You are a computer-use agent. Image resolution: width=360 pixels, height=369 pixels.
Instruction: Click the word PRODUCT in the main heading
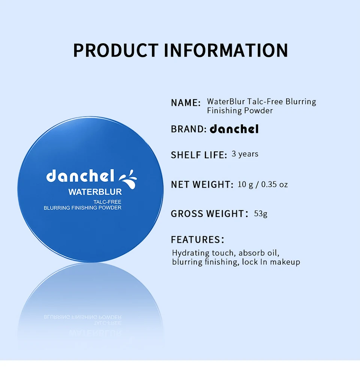(116, 50)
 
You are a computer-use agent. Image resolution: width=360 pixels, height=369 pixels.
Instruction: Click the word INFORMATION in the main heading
(226, 50)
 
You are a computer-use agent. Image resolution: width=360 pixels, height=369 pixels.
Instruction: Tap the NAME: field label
(186, 103)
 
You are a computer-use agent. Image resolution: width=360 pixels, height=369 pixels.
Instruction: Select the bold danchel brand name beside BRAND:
(234, 129)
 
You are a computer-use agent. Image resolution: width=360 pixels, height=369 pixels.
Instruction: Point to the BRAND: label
(189, 129)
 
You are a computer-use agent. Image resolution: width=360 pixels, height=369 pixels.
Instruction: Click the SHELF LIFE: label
(199, 155)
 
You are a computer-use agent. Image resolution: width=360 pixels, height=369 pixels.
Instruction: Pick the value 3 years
(245, 154)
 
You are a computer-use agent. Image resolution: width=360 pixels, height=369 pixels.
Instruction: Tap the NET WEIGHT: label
(202, 185)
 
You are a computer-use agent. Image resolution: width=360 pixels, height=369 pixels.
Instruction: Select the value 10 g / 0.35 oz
(262, 185)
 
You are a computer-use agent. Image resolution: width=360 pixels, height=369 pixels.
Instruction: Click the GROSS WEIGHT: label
(210, 214)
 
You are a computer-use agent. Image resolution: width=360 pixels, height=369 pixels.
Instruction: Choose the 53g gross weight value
(261, 214)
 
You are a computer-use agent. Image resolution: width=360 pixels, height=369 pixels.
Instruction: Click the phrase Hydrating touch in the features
(204, 253)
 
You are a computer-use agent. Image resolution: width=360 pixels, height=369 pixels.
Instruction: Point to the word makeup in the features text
(285, 262)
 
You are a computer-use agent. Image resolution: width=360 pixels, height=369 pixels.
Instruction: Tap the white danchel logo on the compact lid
(80, 176)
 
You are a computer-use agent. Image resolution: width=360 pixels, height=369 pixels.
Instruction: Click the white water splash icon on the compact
(128, 179)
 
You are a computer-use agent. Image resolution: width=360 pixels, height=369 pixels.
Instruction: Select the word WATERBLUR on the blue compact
(95, 192)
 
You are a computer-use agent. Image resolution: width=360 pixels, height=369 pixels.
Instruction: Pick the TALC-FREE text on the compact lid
(107, 202)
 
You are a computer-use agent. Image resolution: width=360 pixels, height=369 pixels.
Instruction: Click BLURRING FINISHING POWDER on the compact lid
(82, 208)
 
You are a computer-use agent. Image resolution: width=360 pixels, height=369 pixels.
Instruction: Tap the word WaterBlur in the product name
(226, 101)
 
